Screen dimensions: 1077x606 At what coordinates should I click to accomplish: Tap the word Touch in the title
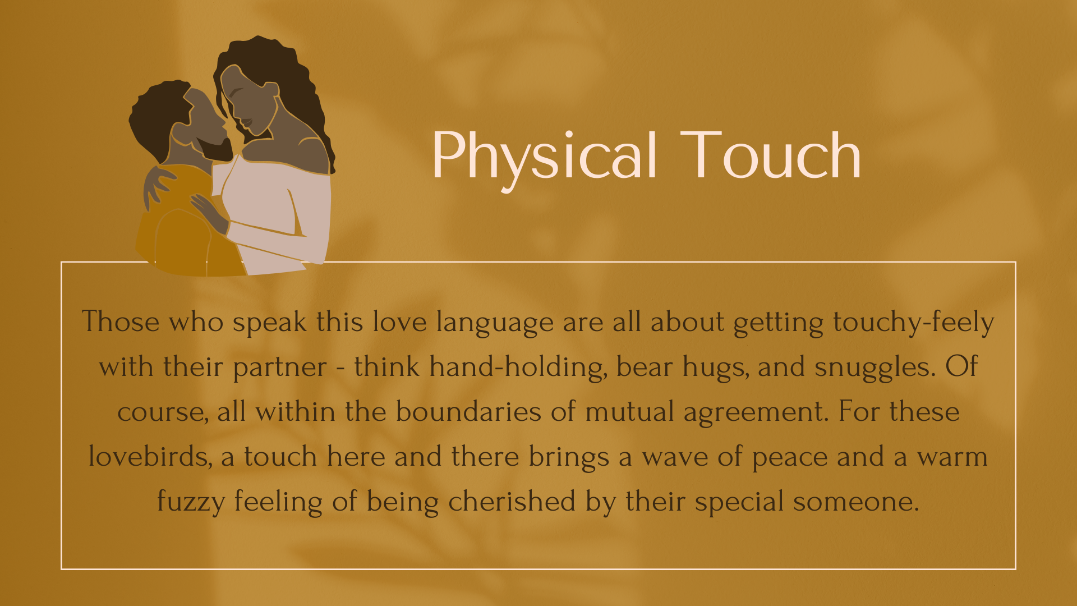click(x=771, y=155)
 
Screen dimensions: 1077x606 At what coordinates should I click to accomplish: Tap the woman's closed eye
click(x=234, y=91)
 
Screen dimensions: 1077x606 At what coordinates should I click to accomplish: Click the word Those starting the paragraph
click(x=121, y=322)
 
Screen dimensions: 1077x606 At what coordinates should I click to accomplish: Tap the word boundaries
click(x=468, y=412)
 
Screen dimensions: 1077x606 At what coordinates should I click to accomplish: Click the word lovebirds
click(x=151, y=457)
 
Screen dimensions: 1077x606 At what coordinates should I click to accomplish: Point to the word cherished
click(x=512, y=502)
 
